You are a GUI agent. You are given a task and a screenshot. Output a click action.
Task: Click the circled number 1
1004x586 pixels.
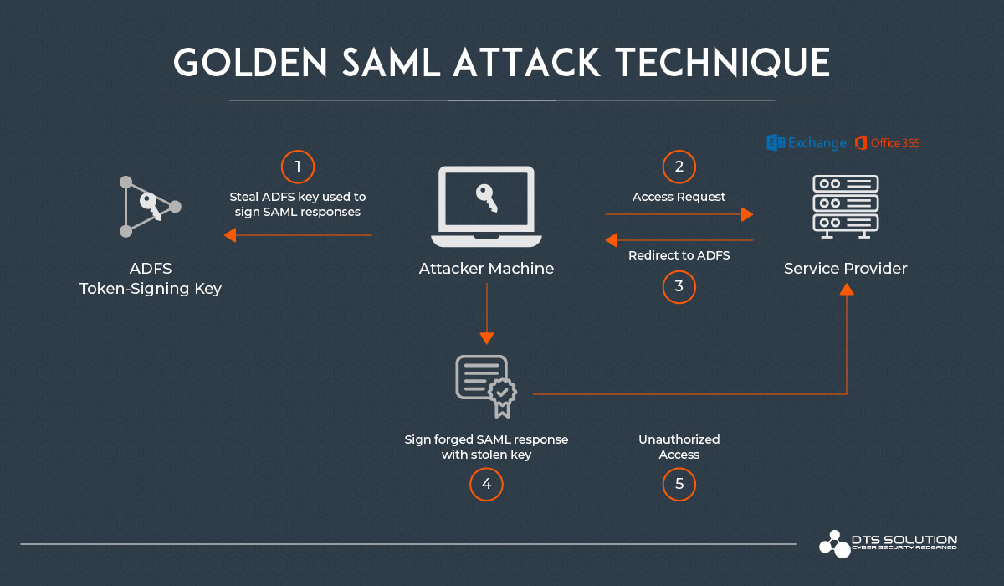tap(297, 167)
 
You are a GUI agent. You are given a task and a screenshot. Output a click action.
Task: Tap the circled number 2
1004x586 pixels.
tap(679, 167)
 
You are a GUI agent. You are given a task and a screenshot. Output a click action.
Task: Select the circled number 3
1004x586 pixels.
tap(679, 287)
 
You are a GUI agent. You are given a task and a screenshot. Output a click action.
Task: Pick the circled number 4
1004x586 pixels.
tap(486, 485)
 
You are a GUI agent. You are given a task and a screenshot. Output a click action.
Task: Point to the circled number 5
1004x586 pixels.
tap(679, 485)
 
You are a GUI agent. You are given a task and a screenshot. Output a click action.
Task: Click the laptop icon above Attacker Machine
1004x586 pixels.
tap(486, 206)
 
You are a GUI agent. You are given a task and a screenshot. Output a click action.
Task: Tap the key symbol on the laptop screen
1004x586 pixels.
tap(486, 197)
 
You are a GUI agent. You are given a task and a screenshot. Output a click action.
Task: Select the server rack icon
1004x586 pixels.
tap(845, 206)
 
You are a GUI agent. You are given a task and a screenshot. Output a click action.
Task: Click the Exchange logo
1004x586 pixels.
tap(807, 143)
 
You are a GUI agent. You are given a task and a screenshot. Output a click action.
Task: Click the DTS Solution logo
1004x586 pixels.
tap(888, 543)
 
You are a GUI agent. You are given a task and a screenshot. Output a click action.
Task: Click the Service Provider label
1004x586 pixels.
tap(845, 269)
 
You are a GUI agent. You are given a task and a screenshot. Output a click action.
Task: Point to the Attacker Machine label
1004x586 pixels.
tap(486, 269)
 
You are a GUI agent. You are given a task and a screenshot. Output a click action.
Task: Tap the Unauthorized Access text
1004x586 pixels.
tap(679, 447)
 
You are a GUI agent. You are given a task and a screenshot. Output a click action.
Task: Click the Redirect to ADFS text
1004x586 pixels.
tap(679, 255)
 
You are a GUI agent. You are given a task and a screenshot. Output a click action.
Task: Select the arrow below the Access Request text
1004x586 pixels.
tap(679, 214)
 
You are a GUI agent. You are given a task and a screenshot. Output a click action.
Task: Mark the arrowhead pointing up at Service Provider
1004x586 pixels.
tap(847, 289)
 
